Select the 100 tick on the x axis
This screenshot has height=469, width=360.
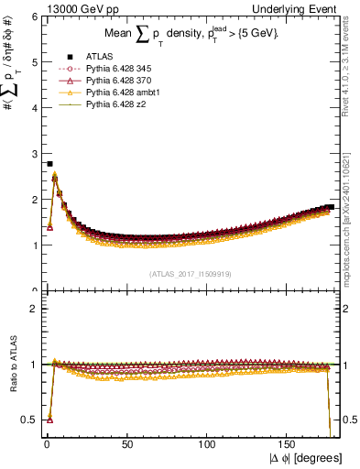208,444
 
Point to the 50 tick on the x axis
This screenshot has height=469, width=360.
127,444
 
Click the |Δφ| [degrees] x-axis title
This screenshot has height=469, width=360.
304,458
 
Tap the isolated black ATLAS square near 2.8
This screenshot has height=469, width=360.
49,164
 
